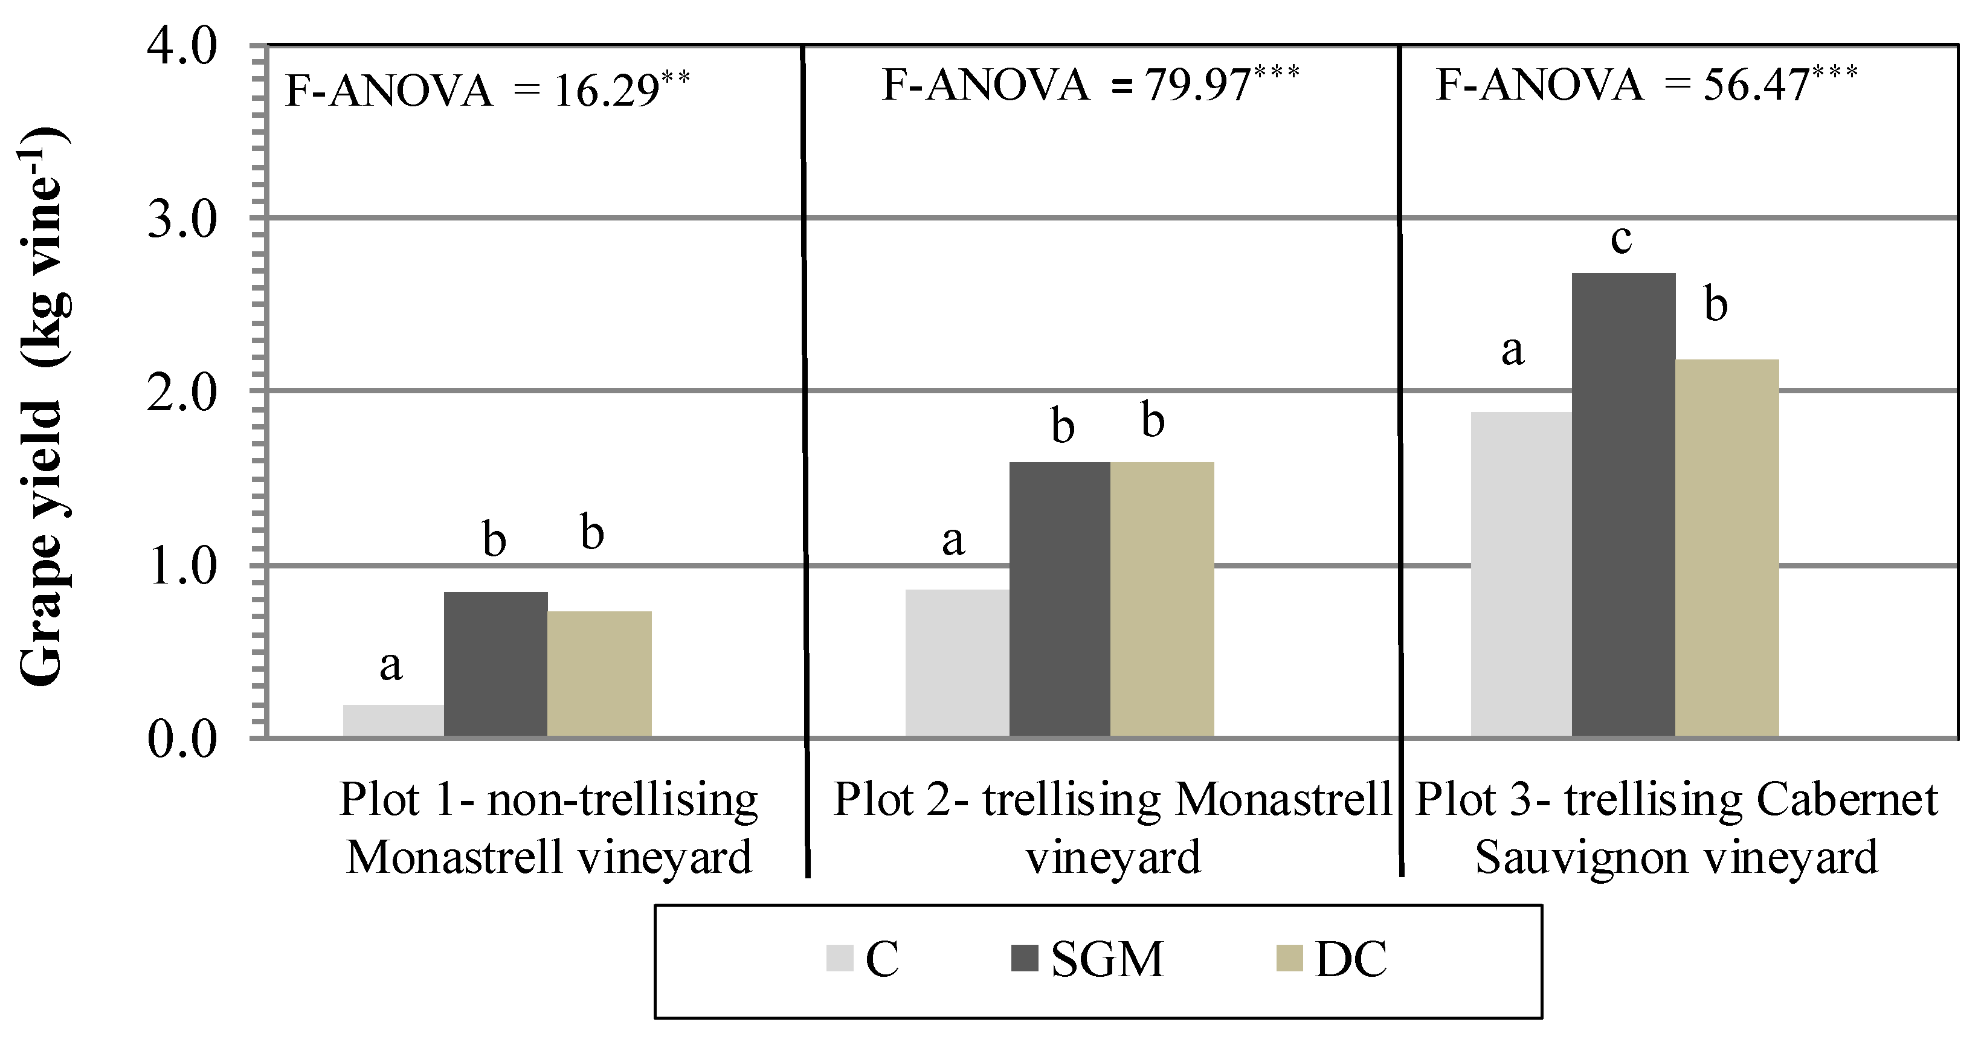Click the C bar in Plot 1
point(393,720)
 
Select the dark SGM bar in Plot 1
point(496,664)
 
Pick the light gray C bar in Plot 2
point(958,663)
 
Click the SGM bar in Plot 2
point(1060,599)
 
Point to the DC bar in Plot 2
point(1162,599)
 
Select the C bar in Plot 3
point(1521,574)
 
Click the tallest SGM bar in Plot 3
point(1623,504)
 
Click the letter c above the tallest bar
point(1622,239)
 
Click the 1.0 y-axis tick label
point(182,568)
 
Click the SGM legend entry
point(1107,960)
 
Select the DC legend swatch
point(1289,959)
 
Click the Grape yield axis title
point(42,408)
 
